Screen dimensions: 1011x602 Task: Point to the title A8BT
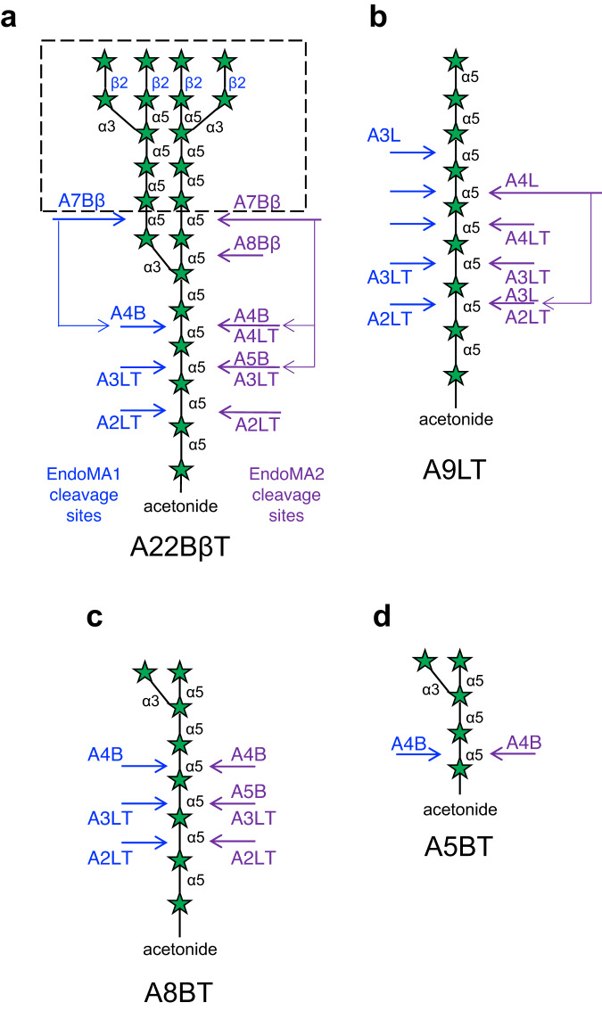[x=179, y=992]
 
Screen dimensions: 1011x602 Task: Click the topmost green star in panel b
[x=456, y=61]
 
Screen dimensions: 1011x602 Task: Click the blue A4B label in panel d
[x=408, y=741]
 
